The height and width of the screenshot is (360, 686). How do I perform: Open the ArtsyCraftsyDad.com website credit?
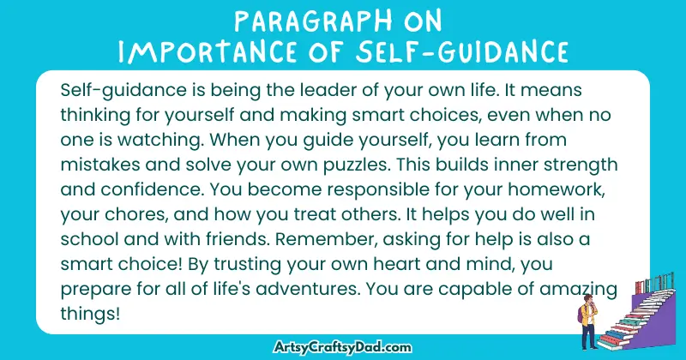342,346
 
